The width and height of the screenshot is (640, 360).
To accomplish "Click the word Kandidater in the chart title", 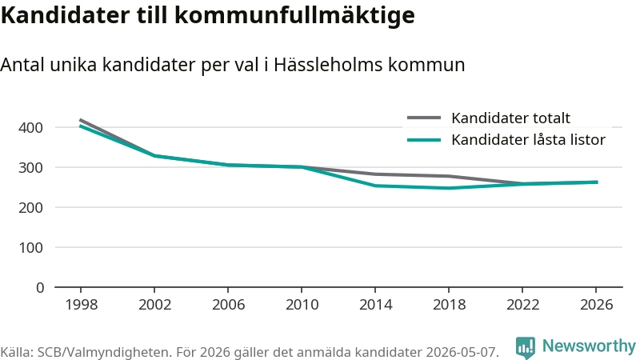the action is pyautogui.click(x=66, y=15).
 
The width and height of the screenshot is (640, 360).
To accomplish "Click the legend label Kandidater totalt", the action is pyautogui.click(x=510, y=118).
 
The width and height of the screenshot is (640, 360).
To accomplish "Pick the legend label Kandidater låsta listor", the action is pyautogui.click(x=528, y=139).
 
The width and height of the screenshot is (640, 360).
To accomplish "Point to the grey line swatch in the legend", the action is pyautogui.click(x=424, y=118).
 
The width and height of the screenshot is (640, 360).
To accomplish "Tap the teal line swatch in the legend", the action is pyautogui.click(x=424, y=140).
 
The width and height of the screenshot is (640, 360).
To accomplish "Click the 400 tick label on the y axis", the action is pyautogui.click(x=30, y=128).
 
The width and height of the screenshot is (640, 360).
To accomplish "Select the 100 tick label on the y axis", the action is pyautogui.click(x=30, y=248).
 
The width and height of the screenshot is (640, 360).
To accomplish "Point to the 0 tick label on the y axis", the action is pyautogui.click(x=39, y=288).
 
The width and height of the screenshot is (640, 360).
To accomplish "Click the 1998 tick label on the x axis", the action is pyautogui.click(x=82, y=305).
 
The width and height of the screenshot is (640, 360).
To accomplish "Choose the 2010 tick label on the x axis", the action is pyautogui.click(x=302, y=305).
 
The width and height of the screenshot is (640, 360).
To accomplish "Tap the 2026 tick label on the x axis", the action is pyautogui.click(x=596, y=305).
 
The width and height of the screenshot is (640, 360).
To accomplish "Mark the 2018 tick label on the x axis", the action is pyautogui.click(x=449, y=305).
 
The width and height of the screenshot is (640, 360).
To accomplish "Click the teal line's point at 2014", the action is pyautogui.click(x=375, y=186).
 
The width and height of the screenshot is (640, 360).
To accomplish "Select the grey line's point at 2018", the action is pyautogui.click(x=449, y=176).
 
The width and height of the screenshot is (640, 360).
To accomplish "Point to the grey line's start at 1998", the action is pyautogui.click(x=81, y=120).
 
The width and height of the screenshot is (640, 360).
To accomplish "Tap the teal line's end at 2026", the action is pyautogui.click(x=597, y=182).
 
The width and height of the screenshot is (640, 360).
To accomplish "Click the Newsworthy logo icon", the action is pyautogui.click(x=526, y=348).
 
